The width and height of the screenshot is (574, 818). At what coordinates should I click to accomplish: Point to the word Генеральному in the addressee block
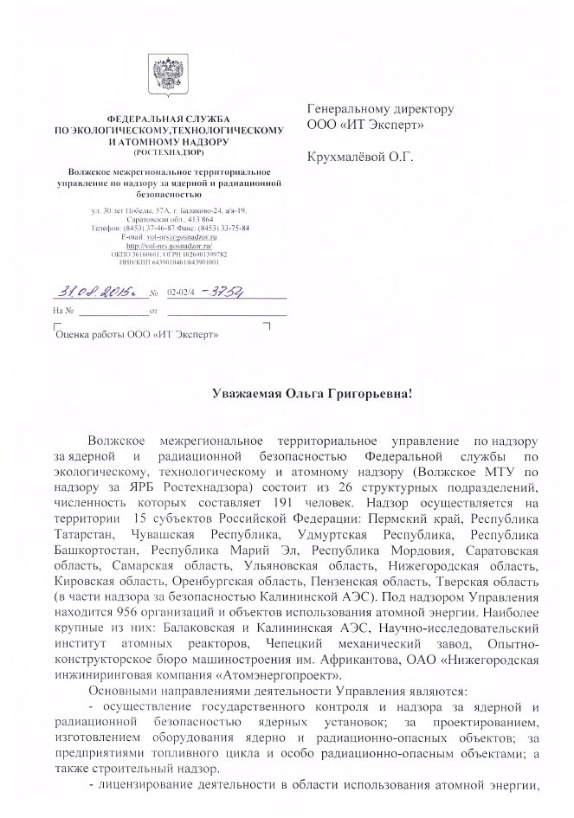350,110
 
